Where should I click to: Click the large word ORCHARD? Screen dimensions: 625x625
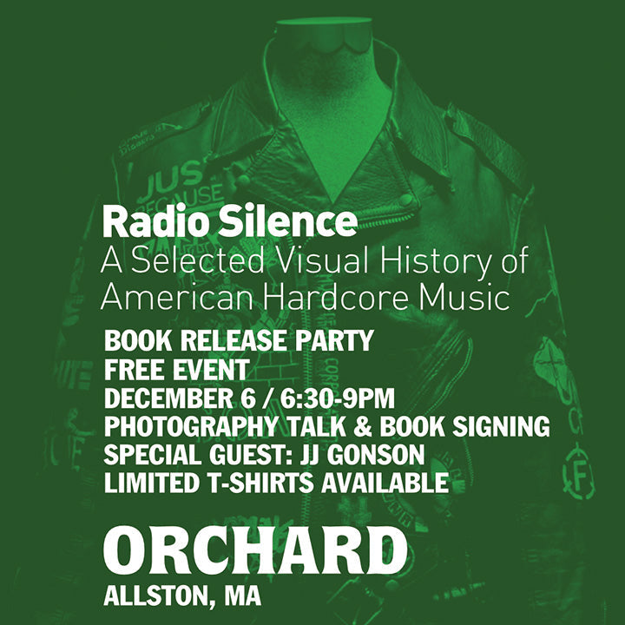pos(255,551)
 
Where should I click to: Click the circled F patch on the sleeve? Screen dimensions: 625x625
pos(578,475)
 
